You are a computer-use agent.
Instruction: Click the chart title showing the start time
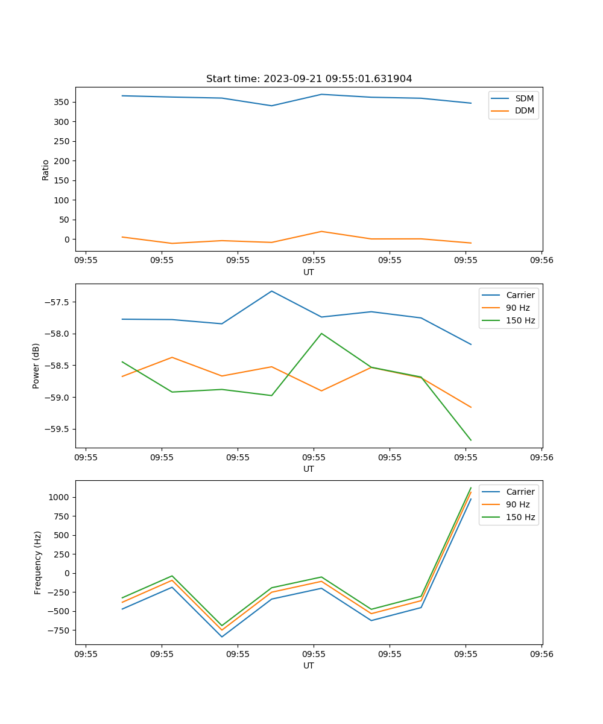click(x=309, y=79)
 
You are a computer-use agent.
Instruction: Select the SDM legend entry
click(x=524, y=98)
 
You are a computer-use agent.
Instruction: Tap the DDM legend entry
click(x=524, y=110)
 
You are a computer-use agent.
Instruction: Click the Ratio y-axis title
click(x=46, y=170)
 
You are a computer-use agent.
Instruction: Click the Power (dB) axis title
click(x=36, y=366)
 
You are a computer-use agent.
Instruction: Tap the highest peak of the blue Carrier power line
click(x=271, y=291)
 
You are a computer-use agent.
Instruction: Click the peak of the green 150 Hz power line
click(x=321, y=333)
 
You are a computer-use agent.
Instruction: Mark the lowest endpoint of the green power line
click(x=471, y=440)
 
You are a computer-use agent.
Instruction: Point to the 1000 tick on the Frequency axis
click(x=62, y=497)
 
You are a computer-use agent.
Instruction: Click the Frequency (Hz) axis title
click(x=38, y=562)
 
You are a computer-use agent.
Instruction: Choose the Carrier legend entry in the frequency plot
click(x=520, y=492)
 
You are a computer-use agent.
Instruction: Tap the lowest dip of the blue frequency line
click(x=222, y=637)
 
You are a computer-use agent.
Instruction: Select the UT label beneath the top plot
click(x=309, y=272)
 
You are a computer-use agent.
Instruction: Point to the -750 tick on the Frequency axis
click(x=61, y=630)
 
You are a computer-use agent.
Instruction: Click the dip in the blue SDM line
click(x=271, y=106)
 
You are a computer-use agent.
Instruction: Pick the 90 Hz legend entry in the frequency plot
click(x=517, y=504)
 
